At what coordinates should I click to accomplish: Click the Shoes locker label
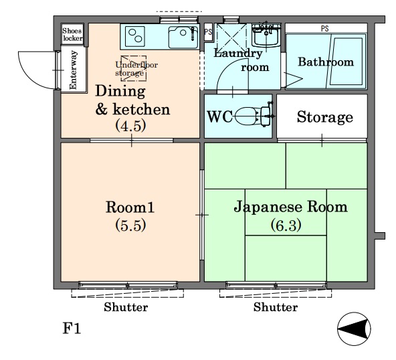72,34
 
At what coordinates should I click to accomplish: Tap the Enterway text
73,70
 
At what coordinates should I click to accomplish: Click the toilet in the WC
254,116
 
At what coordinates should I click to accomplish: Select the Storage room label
325,117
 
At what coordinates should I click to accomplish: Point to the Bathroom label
326,62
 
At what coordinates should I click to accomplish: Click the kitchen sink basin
183,37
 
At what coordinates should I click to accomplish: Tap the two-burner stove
135,36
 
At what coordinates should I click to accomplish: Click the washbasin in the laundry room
266,35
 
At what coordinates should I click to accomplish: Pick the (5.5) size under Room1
130,225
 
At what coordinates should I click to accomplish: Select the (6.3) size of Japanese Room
286,225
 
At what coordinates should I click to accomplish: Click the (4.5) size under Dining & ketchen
130,126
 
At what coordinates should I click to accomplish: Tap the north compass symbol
354,329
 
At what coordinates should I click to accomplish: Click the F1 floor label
72,329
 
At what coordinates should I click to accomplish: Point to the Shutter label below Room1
126,307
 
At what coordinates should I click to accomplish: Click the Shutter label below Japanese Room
276,307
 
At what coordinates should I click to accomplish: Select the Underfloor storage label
136,69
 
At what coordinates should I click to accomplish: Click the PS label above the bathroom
325,29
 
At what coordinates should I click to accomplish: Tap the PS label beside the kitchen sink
208,32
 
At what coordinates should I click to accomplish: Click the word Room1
130,207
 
